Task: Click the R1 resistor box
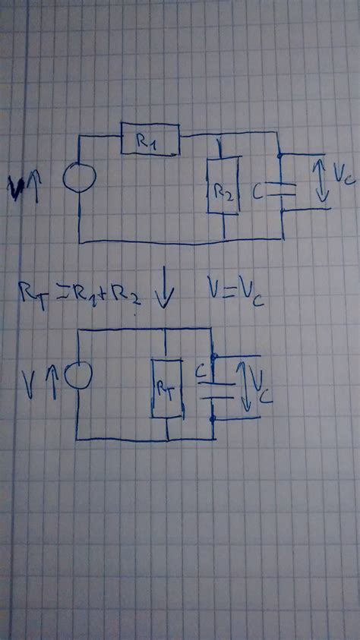150,141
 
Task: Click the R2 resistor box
223,185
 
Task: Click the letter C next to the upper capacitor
258,194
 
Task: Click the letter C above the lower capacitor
200,372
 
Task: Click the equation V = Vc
236,289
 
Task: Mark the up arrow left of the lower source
52,377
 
